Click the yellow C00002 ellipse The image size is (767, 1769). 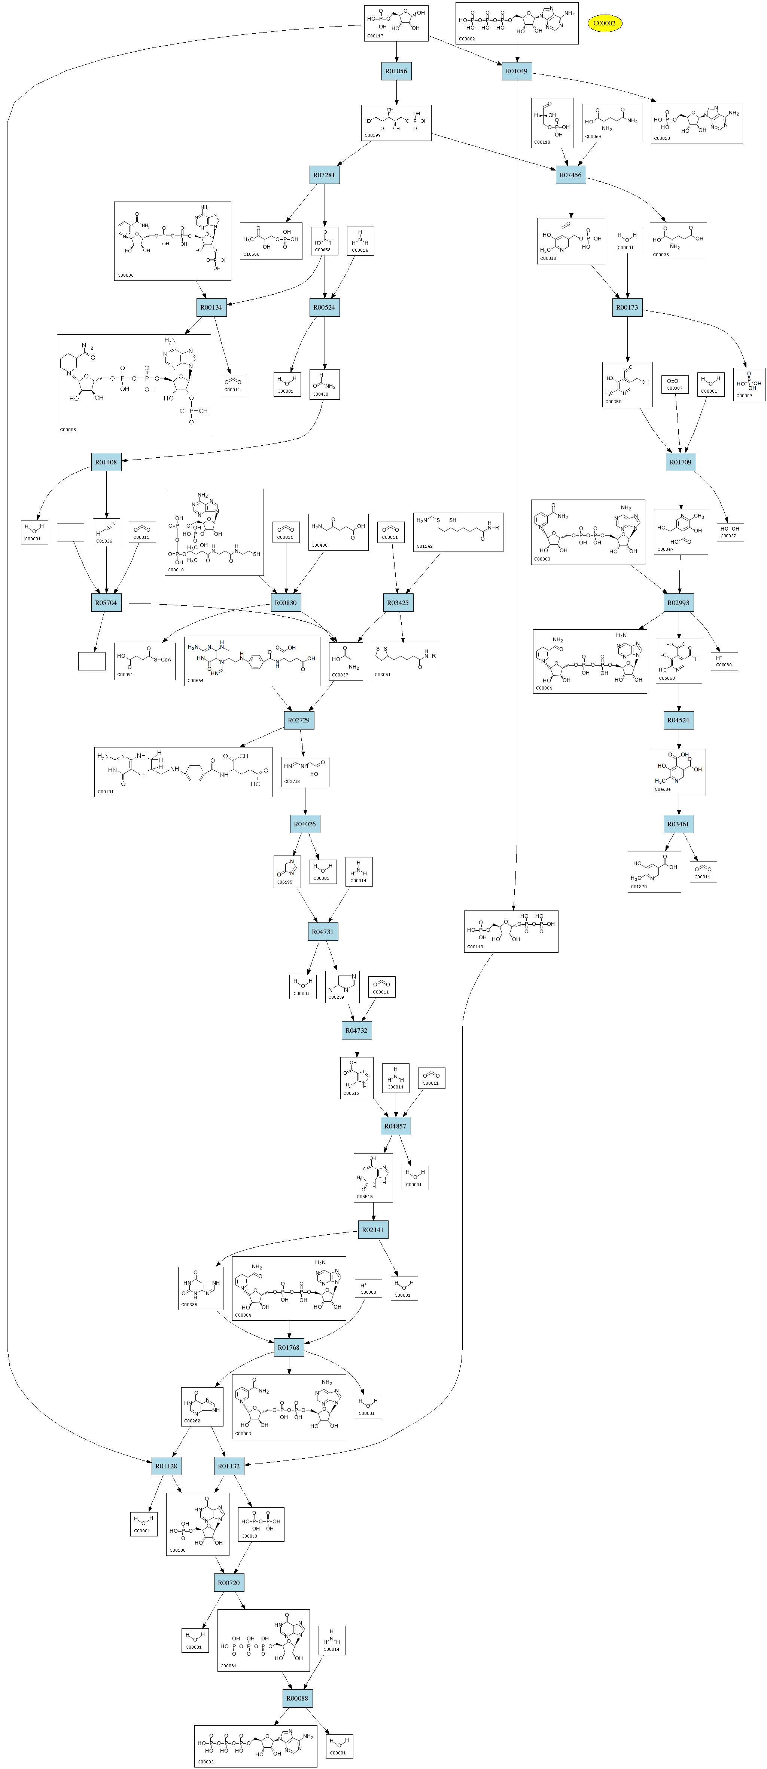(x=604, y=23)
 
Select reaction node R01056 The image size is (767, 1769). (x=396, y=71)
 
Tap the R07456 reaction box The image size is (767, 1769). (x=570, y=175)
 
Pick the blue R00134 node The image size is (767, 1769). (x=211, y=308)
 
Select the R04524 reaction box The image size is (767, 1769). (x=678, y=721)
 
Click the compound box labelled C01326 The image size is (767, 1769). (x=106, y=532)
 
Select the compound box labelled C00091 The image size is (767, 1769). (x=145, y=661)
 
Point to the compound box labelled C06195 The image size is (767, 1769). (x=287, y=872)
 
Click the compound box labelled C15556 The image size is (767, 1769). (x=271, y=241)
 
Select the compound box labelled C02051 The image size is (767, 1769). (x=405, y=661)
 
